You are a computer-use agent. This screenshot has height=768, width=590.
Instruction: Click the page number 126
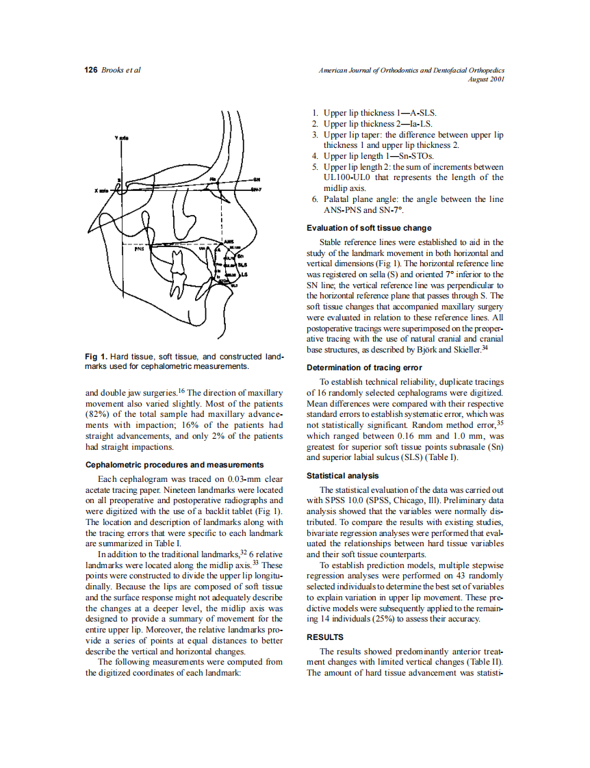point(91,71)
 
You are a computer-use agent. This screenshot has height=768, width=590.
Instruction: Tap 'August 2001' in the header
point(485,79)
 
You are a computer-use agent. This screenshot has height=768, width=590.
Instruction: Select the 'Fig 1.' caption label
point(96,357)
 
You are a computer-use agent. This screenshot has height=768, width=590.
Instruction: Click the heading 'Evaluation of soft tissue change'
point(369,228)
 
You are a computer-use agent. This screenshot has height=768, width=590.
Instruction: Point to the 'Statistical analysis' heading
point(343,476)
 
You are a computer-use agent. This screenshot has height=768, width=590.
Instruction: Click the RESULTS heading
point(325,637)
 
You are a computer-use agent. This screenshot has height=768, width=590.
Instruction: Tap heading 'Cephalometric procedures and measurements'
point(175,465)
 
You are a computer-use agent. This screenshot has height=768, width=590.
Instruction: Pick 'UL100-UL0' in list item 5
point(348,177)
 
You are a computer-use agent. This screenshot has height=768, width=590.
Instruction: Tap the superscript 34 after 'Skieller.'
point(485,348)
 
